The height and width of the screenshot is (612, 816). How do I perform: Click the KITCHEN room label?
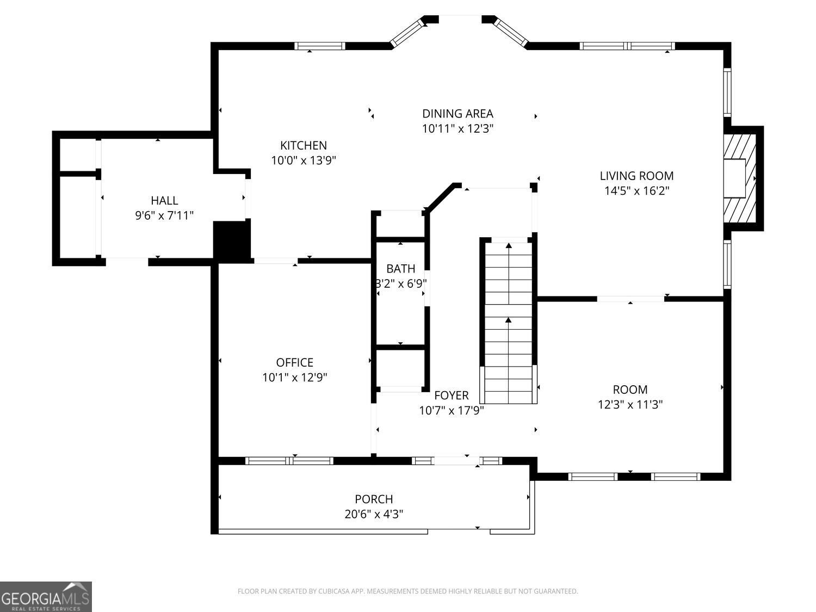pyautogui.click(x=304, y=145)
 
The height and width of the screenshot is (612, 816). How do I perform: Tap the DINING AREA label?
pyautogui.click(x=458, y=113)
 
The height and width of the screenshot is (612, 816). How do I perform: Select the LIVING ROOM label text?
pyautogui.click(x=636, y=176)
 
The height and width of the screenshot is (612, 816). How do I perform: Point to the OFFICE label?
pyautogui.click(x=294, y=362)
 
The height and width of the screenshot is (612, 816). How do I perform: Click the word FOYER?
pyautogui.click(x=452, y=395)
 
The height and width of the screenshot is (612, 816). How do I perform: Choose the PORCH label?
pyautogui.click(x=374, y=499)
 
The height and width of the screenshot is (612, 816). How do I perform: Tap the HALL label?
pyautogui.click(x=164, y=201)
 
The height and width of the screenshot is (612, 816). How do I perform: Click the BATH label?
pyautogui.click(x=401, y=268)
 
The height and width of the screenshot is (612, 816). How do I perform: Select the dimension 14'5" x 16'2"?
pyautogui.click(x=636, y=191)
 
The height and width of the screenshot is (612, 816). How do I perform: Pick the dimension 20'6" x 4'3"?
pyautogui.click(x=374, y=514)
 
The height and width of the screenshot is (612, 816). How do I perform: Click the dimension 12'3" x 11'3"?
pyautogui.click(x=630, y=404)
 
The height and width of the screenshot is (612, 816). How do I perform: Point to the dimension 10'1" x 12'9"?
pyautogui.click(x=294, y=378)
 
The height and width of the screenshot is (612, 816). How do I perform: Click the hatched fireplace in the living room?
pyautogui.click(x=740, y=178)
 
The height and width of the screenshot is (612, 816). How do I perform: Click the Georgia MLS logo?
pyautogui.click(x=46, y=596)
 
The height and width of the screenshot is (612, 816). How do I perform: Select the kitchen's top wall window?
pyautogui.click(x=320, y=46)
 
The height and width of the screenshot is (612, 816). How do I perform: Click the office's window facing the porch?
pyautogui.click(x=289, y=461)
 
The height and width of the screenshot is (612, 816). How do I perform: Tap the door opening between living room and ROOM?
pyautogui.click(x=630, y=299)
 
